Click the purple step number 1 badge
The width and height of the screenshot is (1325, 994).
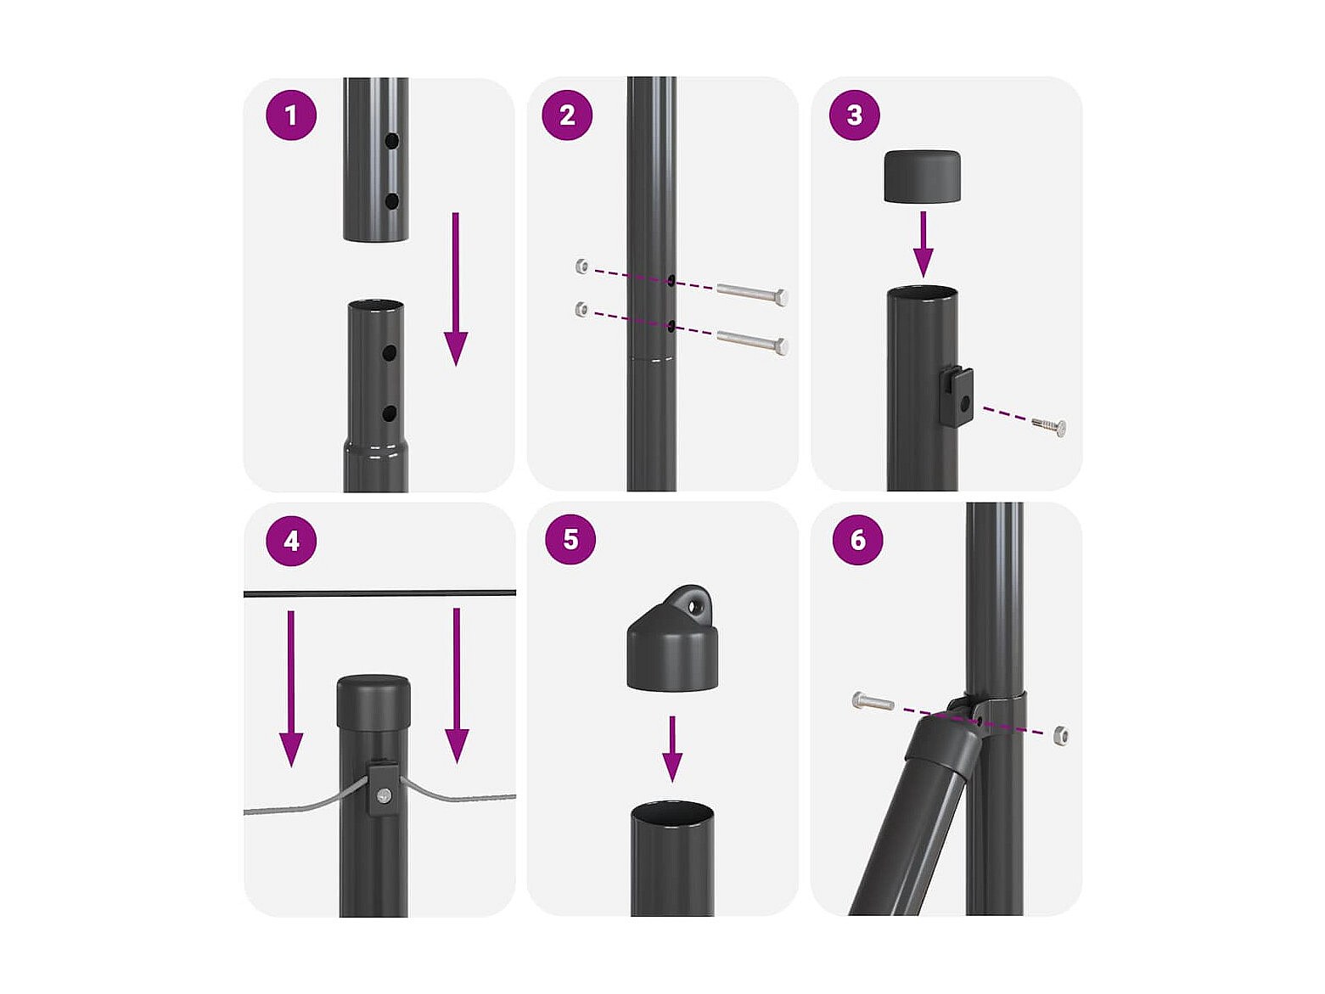(x=291, y=115)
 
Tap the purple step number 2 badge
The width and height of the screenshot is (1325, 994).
(x=567, y=115)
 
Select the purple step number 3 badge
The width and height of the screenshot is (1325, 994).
(x=854, y=115)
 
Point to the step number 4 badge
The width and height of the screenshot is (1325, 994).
(x=291, y=541)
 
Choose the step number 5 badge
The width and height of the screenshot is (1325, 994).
(x=570, y=540)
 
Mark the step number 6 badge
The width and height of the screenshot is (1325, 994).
(x=857, y=540)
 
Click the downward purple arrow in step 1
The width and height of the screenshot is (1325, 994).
(x=456, y=289)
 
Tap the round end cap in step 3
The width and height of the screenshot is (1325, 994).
(x=923, y=177)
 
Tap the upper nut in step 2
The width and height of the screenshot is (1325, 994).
(x=581, y=266)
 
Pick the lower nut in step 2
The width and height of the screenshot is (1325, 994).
(x=581, y=309)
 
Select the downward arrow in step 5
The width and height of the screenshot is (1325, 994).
(x=672, y=750)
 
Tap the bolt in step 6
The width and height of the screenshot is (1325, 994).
(x=873, y=702)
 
